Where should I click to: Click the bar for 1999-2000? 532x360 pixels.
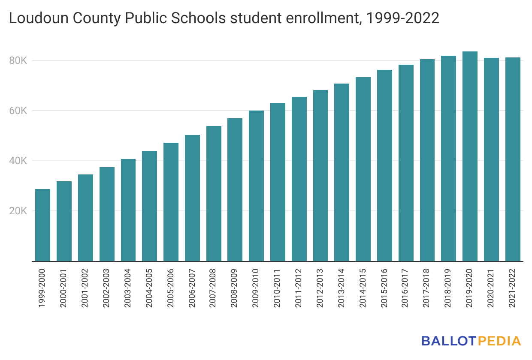tap(42, 225)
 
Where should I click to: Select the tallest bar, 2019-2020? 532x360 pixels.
tap(470, 156)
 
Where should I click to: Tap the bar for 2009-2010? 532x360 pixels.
tap(256, 186)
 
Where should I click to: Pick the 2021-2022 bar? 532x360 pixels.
tap(513, 159)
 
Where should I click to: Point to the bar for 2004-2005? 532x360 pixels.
tap(149, 206)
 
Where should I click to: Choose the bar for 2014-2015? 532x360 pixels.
tap(363, 169)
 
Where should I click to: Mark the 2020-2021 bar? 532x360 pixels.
tap(491, 159)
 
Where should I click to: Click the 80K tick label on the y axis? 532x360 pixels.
tap(18, 61)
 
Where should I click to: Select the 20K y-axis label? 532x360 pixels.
tap(18, 211)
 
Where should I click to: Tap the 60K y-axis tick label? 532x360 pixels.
tap(18, 111)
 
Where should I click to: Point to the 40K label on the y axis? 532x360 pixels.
tap(18, 161)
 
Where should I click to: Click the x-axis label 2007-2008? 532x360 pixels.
tap(214, 288)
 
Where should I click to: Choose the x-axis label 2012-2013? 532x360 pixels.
tap(320, 288)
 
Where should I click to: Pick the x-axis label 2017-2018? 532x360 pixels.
tap(427, 288)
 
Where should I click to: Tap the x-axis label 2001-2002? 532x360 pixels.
tap(85, 288)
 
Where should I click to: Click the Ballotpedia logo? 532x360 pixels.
tap(471, 341)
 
